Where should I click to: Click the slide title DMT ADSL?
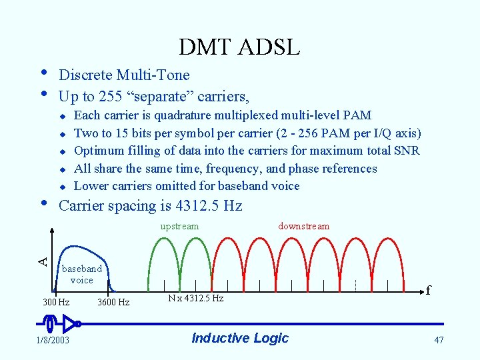[239, 47]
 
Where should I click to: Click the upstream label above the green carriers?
[179, 226]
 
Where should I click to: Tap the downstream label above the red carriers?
[303, 226]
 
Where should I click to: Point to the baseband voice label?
[82, 274]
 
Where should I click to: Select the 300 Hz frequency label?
[56, 303]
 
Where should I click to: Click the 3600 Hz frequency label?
[113, 303]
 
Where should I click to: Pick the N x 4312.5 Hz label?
[196, 298]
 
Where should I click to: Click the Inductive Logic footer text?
[240, 338]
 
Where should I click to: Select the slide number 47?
[438, 340]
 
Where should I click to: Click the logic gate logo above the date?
[59, 325]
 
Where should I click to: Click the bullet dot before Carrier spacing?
[43, 202]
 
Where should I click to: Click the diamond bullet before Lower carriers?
[61, 187]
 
